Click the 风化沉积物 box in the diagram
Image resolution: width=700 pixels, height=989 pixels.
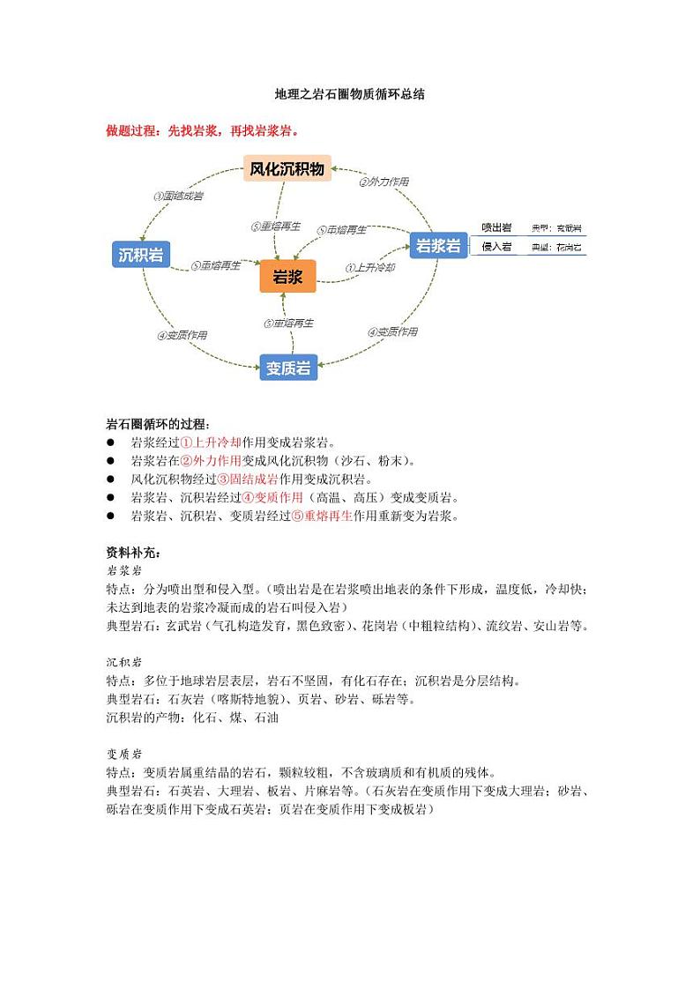[x=287, y=168]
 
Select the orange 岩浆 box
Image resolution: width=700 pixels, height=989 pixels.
[x=287, y=278]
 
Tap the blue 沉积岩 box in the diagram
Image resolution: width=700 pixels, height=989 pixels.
[x=141, y=256]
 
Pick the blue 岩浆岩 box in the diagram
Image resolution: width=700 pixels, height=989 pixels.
[x=438, y=245]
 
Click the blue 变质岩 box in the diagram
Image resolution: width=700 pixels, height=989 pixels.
[x=288, y=368]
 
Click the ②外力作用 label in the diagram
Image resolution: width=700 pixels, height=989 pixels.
[x=384, y=182]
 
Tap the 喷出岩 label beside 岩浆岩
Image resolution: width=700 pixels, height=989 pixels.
[x=496, y=227]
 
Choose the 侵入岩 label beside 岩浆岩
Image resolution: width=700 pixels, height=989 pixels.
[x=496, y=247]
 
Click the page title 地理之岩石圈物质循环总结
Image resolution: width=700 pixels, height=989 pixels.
[x=349, y=93]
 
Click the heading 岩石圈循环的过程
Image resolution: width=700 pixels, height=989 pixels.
[x=159, y=425]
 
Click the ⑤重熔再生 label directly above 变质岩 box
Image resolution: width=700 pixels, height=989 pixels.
[x=288, y=323]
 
